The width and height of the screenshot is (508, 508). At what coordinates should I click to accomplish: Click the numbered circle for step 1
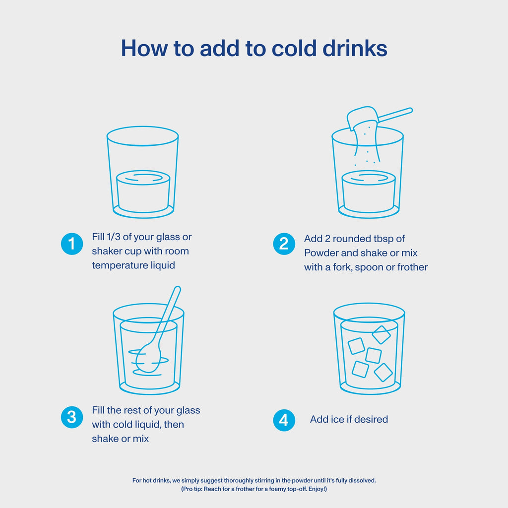(72, 244)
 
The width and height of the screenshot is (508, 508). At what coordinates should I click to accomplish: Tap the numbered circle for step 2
(284, 244)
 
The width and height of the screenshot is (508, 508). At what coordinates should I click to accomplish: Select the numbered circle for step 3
(72, 417)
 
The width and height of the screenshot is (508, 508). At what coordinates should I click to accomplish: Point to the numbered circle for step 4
(284, 420)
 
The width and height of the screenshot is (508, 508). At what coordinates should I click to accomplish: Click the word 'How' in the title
(144, 48)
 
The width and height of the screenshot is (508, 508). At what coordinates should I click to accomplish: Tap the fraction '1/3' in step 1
(113, 237)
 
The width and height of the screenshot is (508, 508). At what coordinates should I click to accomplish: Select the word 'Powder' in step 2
(321, 253)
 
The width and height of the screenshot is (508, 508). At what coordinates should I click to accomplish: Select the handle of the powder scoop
(395, 115)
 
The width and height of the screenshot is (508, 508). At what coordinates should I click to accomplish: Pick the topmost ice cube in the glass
(381, 335)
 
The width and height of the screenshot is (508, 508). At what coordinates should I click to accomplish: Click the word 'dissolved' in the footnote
(362, 480)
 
